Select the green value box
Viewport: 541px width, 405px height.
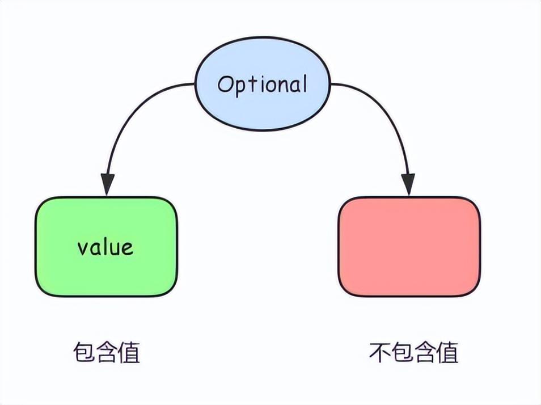[x=106, y=247]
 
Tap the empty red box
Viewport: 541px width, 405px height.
[x=409, y=247]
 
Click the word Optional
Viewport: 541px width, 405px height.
[x=262, y=85]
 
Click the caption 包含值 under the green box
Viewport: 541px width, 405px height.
[x=107, y=352]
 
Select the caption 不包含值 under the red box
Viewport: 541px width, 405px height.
[x=413, y=352]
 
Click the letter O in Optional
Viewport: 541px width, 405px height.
[x=226, y=84]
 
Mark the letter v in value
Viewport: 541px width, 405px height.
[x=83, y=249]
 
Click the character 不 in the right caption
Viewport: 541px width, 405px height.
[x=380, y=352]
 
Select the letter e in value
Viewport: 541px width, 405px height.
[x=128, y=249]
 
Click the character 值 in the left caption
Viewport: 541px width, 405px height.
[x=129, y=352]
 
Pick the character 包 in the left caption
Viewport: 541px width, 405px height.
[x=84, y=352]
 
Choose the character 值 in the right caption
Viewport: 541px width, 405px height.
[x=447, y=352]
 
